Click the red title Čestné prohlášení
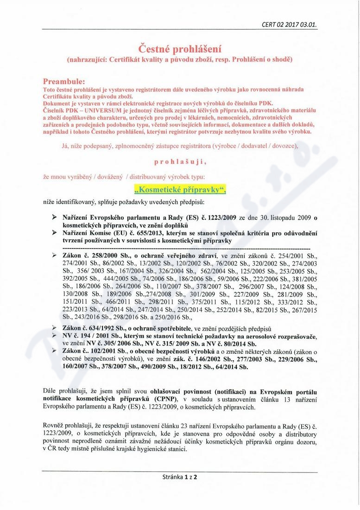point(180,48)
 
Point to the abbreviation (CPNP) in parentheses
point(169,399)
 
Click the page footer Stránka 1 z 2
point(180,476)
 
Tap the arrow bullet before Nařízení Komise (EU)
point(54,233)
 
